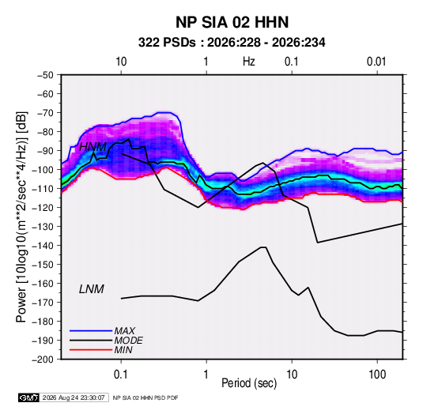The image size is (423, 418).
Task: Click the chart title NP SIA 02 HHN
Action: (232, 22)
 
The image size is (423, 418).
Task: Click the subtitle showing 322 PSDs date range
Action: (232, 43)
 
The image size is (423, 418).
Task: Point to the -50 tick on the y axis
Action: (45, 75)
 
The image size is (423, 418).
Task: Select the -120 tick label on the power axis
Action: (43, 208)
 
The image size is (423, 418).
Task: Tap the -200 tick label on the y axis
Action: (43, 360)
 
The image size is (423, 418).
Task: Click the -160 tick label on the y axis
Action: (43, 284)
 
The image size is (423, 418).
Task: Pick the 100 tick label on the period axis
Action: (377, 375)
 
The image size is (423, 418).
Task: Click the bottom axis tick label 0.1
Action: (121, 375)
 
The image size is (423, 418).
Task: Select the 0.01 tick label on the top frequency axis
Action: (376, 62)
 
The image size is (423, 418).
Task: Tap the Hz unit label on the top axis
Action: (249, 62)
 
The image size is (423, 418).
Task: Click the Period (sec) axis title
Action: (249, 383)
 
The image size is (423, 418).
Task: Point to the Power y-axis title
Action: (21, 217)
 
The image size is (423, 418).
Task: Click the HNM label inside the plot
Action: (93, 147)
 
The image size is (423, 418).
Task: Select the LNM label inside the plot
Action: (92, 289)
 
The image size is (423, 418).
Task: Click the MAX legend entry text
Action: (125, 331)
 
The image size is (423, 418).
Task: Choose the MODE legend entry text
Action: (128, 341)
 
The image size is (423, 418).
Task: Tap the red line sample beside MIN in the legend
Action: (91, 350)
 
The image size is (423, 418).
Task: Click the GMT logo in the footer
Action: (28, 397)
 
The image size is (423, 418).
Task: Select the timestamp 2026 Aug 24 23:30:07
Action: (74, 397)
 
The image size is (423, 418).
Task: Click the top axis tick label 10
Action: (121, 62)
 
